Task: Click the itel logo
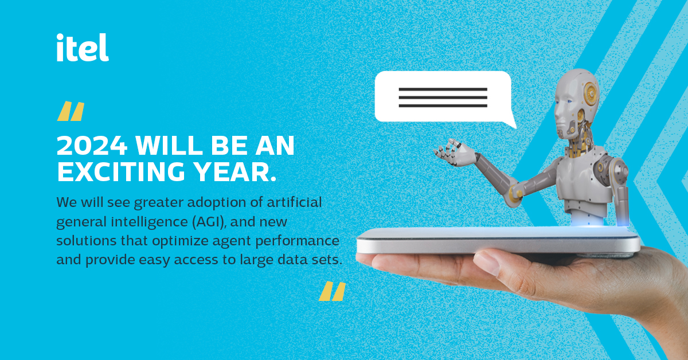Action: pos(83,48)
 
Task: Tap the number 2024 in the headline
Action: pos(92,146)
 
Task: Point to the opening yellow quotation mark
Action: pos(71,111)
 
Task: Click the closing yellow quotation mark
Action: pos(333,291)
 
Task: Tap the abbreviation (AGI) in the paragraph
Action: pos(209,222)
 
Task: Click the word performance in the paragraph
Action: pos(298,241)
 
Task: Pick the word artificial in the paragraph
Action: pos(294,202)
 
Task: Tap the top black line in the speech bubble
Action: pos(443,89)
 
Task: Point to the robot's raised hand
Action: pos(455,152)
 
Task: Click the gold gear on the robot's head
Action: pos(591,93)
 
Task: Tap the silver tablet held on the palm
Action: pos(498,241)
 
